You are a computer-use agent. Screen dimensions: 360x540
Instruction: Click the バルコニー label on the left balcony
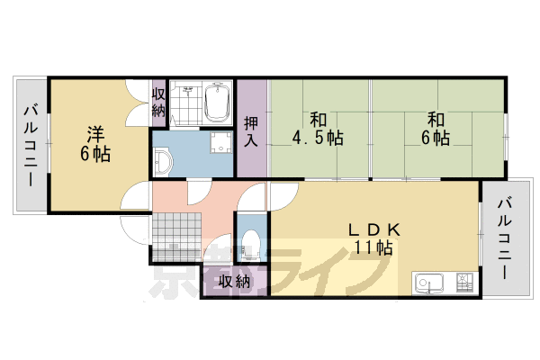coord(29,145)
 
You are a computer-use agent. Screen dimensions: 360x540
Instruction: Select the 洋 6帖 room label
coord(98,145)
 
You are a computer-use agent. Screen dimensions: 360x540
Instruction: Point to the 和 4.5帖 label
coord(317,129)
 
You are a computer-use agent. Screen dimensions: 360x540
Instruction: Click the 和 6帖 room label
coord(436,129)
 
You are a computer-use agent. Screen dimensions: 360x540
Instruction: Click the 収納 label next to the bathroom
coord(158,102)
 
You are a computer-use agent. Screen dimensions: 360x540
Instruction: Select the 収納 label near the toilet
coord(235,281)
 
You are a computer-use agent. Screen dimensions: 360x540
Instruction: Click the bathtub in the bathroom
coord(217,104)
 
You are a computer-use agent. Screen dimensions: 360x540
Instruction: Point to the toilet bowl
coord(253,243)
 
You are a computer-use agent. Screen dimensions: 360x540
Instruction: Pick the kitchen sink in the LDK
coord(430,283)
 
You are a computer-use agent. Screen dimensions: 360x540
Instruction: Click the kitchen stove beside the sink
coord(465,283)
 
